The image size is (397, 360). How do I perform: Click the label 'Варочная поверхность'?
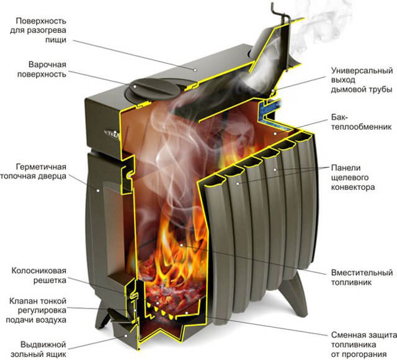click(x=42, y=70)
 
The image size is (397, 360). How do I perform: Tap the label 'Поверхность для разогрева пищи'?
click(x=38, y=30)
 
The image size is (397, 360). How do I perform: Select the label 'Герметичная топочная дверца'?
click(x=33, y=171)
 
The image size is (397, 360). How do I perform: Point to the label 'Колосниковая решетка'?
click(x=38, y=276)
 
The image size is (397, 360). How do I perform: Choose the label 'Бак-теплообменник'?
click(x=361, y=122)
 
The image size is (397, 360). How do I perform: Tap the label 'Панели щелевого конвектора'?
click(x=353, y=178)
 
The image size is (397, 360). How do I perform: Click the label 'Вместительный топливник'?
click(x=362, y=277)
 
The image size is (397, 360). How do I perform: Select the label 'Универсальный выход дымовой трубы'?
click(x=362, y=80)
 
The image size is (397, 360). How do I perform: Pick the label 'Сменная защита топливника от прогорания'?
click(x=364, y=344)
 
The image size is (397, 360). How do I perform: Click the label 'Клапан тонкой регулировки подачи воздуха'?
click(x=36, y=310)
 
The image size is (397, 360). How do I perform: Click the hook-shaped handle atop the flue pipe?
click(x=279, y=14)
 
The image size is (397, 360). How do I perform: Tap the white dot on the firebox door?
click(x=98, y=191)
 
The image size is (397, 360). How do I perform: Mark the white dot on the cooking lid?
click(x=135, y=86)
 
